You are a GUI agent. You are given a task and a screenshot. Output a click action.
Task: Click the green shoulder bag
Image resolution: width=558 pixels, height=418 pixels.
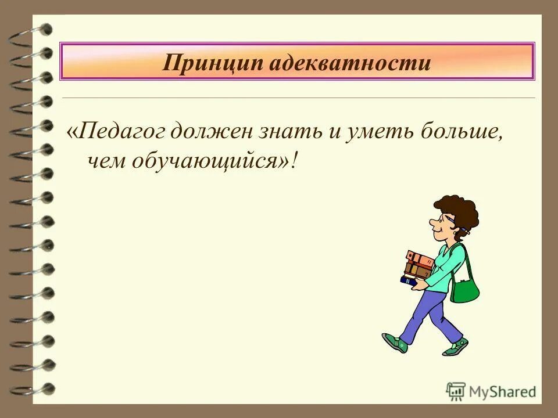[465, 287]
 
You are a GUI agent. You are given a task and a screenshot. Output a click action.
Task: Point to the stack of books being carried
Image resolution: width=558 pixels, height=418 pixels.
[419, 266]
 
